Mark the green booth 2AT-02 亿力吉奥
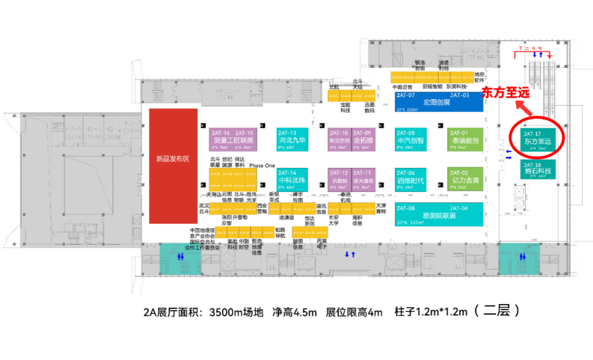(x=465, y=179)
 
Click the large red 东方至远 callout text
(x=506, y=93)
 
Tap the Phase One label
(x=262, y=165)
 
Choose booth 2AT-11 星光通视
(x=363, y=179)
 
